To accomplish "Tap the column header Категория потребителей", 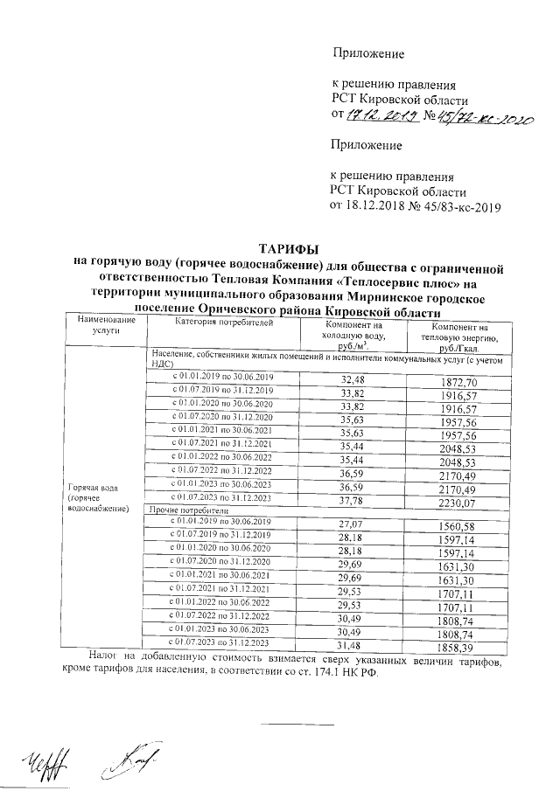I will pos(224,323).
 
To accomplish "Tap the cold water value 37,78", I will pos(353,501).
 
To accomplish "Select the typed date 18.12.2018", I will pos(381,206).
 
